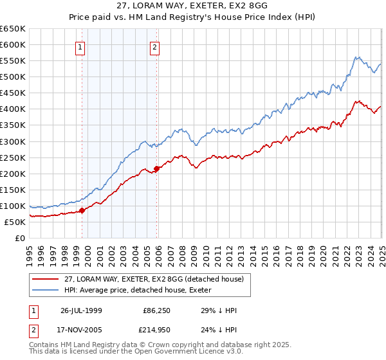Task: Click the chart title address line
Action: click(x=193, y=6)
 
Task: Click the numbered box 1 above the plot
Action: click(x=80, y=46)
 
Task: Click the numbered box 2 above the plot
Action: click(x=156, y=46)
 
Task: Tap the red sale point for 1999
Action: click(x=82, y=210)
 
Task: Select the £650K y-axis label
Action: click(x=14, y=29)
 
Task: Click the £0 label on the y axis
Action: click(x=20, y=238)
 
